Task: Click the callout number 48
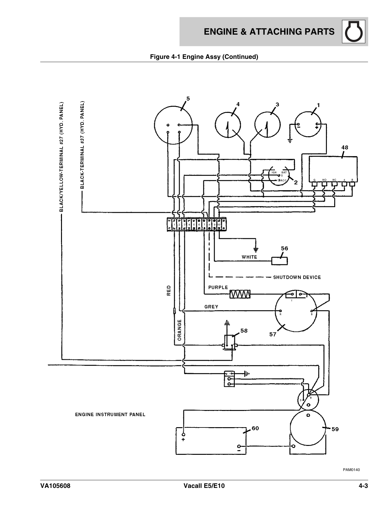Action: (345, 148)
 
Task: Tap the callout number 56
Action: (285, 248)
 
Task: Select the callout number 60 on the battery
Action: (255, 428)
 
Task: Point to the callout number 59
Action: (335, 429)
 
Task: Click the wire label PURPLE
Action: (218, 288)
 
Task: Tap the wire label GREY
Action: (211, 307)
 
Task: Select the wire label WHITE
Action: (249, 257)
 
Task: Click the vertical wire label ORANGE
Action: (179, 330)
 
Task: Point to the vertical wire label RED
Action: (169, 290)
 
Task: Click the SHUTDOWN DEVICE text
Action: (297, 278)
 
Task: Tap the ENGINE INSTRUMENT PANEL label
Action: (110, 415)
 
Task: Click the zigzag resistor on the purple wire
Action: (240, 294)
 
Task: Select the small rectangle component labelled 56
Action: (280, 261)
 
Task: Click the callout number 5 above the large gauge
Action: (188, 99)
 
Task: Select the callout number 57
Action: (273, 335)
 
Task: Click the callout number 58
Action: (244, 331)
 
